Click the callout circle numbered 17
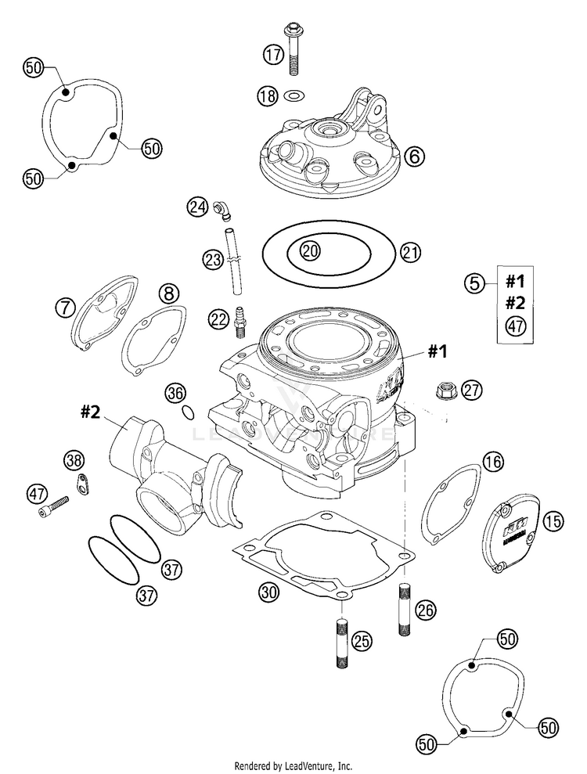coord(272,55)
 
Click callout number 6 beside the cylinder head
coord(414,156)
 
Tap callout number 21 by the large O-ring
coord(409,252)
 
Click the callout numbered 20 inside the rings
coord(311,250)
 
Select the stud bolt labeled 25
coord(342,644)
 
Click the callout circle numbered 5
coord(474,284)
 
